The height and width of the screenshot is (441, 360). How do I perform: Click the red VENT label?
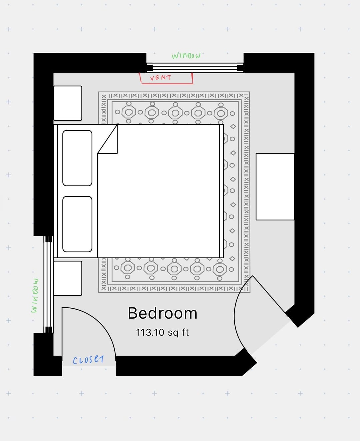(x=161, y=78)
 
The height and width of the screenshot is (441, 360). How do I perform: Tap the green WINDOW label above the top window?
(x=186, y=56)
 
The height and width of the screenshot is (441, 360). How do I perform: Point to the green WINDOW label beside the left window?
(x=35, y=295)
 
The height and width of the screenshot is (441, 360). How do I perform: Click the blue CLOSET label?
(x=88, y=359)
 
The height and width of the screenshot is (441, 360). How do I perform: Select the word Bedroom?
(x=162, y=313)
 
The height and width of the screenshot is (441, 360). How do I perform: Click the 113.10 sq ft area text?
(x=162, y=332)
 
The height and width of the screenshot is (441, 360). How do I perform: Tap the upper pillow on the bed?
(x=77, y=158)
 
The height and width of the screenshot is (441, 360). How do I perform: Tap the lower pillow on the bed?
(x=77, y=224)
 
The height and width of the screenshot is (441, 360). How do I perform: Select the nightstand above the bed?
(x=68, y=103)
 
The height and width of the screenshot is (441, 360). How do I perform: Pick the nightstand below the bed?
(x=68, y=278)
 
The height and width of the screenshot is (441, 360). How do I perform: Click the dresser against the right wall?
(x=275, y=187)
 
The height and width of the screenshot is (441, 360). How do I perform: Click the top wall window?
(x=195, y=68)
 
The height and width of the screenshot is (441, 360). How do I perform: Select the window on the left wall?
(x=49, y=285)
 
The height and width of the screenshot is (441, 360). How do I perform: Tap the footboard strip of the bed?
(x=221, y=191)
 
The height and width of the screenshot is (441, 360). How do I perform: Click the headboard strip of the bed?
(x=56, y=191)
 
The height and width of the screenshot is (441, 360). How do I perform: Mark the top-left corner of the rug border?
(x=98, y=92)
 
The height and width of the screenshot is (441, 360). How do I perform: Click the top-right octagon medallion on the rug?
(x=221, y=113)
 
